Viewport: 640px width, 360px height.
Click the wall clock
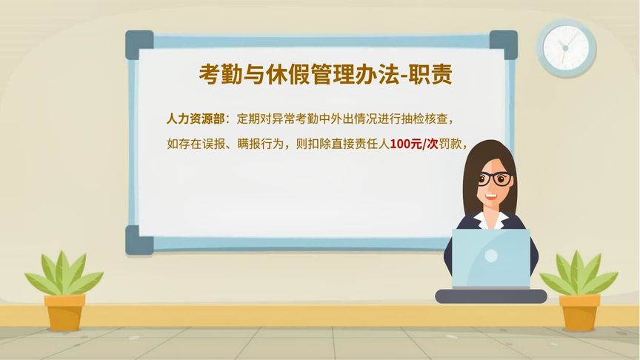565,47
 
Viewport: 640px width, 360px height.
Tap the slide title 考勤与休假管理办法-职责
326,74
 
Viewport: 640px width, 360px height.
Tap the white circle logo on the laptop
491,256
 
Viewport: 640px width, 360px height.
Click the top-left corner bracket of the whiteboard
139,44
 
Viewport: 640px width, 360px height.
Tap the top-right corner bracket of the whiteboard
504,44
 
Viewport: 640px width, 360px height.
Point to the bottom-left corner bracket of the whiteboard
139,239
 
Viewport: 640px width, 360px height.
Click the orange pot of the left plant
64,312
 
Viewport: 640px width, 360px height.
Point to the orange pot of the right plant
579,312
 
